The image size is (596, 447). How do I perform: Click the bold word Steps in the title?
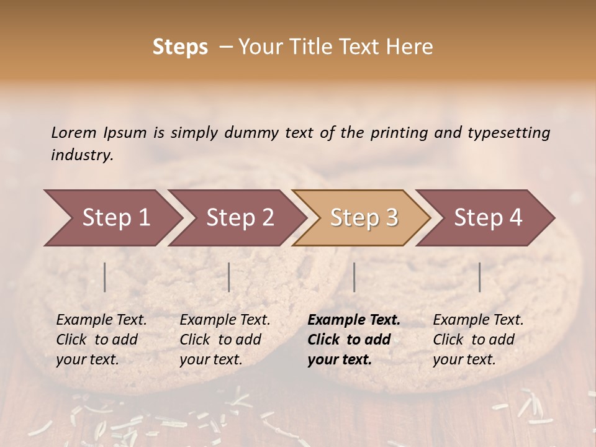[180, 47]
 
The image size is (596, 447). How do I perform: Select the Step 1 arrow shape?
[112, 218]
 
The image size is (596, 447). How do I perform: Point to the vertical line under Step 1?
[105, 277]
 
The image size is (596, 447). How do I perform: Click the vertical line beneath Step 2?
[229, 277]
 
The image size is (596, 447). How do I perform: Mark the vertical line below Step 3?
[354, 277]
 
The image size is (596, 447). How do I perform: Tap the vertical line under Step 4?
[479, 277]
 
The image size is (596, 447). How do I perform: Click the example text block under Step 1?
[101, 340]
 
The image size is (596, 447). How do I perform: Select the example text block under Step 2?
[225, 340]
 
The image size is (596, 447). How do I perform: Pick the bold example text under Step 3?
[353, 340]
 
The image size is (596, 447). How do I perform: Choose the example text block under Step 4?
[478, 340]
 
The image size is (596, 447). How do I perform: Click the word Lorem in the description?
[74, 133]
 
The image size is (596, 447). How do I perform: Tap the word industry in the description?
[81, 156]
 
